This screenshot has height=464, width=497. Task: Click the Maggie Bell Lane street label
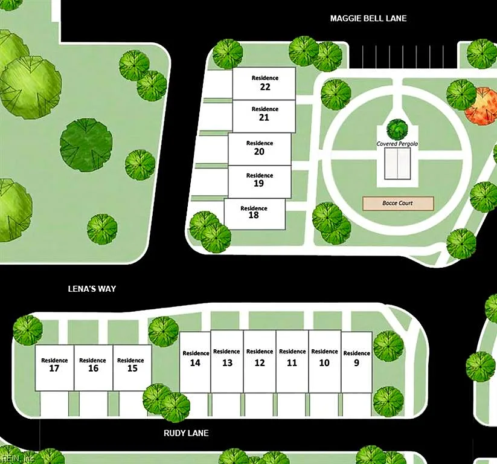(x=368, y=18)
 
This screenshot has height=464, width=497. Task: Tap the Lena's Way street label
(x=92, y=289)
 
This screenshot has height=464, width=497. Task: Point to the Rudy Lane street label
(x=186, y=433)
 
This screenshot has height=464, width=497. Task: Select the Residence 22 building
(x=264, y=83)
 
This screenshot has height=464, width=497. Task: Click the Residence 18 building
(x=255, y=214)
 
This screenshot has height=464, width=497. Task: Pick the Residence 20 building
(x=260, y=149)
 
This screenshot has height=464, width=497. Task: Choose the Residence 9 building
(x=356, y=362)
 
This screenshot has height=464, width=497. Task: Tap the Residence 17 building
(x=54, y=368)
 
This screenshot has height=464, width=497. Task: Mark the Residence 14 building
(x=195, y=362)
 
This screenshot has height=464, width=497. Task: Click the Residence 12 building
(x=260, y=361)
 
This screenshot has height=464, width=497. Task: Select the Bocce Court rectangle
(x=398, y=203)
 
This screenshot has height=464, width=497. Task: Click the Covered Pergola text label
(x=397, y=144)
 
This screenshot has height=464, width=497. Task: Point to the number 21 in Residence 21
(x=264, y=117)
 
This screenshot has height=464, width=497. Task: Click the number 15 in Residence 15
(x=132, y=368)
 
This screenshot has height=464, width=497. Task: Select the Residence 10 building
(x=324, y=361)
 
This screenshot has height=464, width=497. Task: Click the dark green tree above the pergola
(x=397, y=129)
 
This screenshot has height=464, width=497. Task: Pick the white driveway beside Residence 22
(x=218, y=85)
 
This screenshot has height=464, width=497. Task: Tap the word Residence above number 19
(x=260, y=175)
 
